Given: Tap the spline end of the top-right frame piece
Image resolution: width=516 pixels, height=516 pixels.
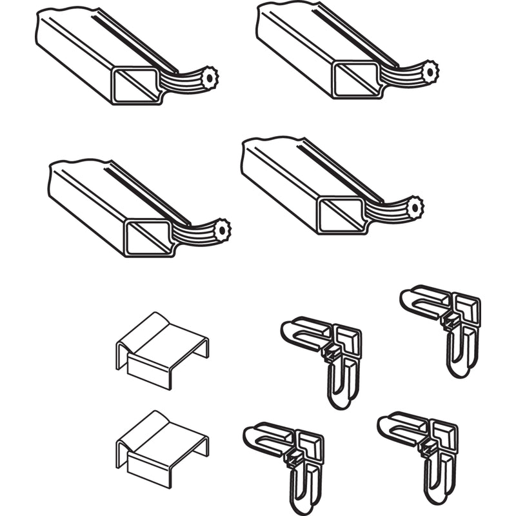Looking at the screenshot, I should tap(428, 68).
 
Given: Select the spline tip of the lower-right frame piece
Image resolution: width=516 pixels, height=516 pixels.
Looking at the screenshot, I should tap(415, 207).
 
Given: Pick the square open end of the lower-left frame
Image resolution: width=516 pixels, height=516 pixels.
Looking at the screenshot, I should tap(148, 236).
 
